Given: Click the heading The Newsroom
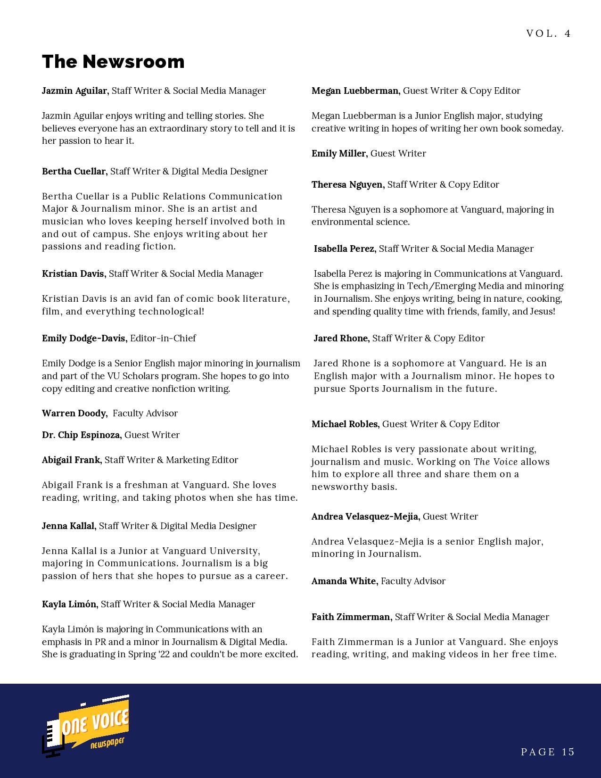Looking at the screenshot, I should [113, 62].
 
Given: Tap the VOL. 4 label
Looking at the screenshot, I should [548, 33].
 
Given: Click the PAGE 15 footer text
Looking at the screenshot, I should [548, 752].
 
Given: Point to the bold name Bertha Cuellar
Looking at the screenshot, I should [74, 171].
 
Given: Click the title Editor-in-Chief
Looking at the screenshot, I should [163, 338].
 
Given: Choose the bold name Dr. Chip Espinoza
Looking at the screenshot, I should [81, 435].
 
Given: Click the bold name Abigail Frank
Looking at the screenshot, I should [71, 460].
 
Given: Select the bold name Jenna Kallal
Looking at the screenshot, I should [69, 526].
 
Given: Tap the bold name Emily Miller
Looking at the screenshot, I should [339, 153].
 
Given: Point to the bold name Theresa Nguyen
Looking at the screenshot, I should [347, 184].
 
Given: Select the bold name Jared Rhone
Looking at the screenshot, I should [341, 338].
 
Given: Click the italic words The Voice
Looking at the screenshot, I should [495, 462].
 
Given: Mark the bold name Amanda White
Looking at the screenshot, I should [344, 581].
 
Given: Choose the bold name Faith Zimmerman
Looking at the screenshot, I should [351, 617].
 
